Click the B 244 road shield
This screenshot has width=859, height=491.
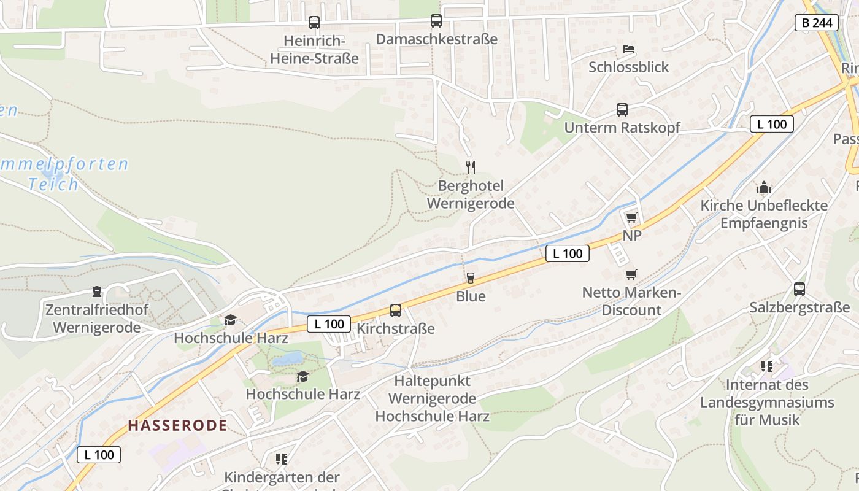817,23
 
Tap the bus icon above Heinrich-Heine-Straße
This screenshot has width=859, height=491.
314,23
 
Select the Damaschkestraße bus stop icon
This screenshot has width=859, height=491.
436,21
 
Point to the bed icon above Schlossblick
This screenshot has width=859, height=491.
629,49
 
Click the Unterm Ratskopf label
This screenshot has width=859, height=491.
622,128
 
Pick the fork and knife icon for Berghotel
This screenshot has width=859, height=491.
471,167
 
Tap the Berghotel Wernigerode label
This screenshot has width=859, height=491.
471,195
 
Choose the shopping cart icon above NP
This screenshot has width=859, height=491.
632,217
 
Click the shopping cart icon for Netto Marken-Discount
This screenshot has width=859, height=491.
631,274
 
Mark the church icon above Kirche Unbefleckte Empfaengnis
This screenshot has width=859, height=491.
764,187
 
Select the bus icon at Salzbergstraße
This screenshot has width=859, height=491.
799,288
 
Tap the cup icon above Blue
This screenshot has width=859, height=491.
471,278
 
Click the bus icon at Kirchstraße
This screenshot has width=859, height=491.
396,311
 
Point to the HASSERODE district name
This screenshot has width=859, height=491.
177,425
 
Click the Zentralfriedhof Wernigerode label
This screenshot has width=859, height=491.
97,319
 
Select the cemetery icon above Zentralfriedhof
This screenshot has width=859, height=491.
96,291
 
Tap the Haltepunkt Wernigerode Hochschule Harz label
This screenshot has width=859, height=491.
432,398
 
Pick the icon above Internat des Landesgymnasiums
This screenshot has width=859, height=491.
767,366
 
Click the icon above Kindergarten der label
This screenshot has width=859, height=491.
282,459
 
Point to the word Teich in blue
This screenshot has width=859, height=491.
54,184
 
